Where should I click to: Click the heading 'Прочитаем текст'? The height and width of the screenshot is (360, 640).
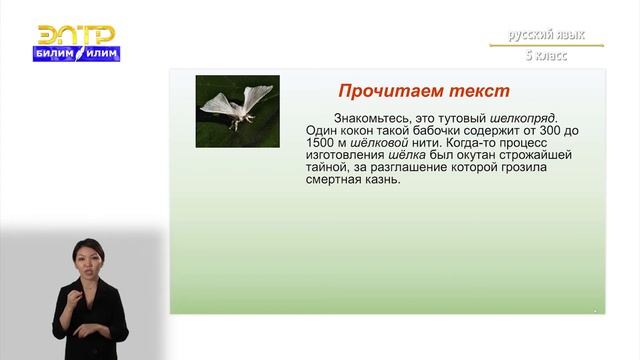point(410,91)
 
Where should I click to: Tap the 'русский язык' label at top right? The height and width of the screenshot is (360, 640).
point(546,35)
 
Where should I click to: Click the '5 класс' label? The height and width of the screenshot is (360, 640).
point(546,55)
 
